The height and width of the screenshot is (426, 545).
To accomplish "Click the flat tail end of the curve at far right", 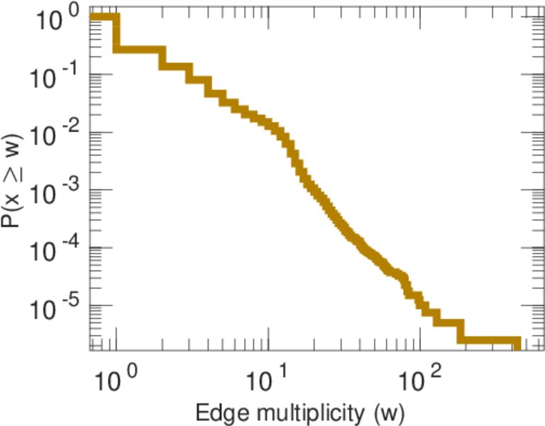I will (516, 342).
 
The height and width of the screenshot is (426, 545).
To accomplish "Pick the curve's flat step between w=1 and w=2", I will (139, 49).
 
